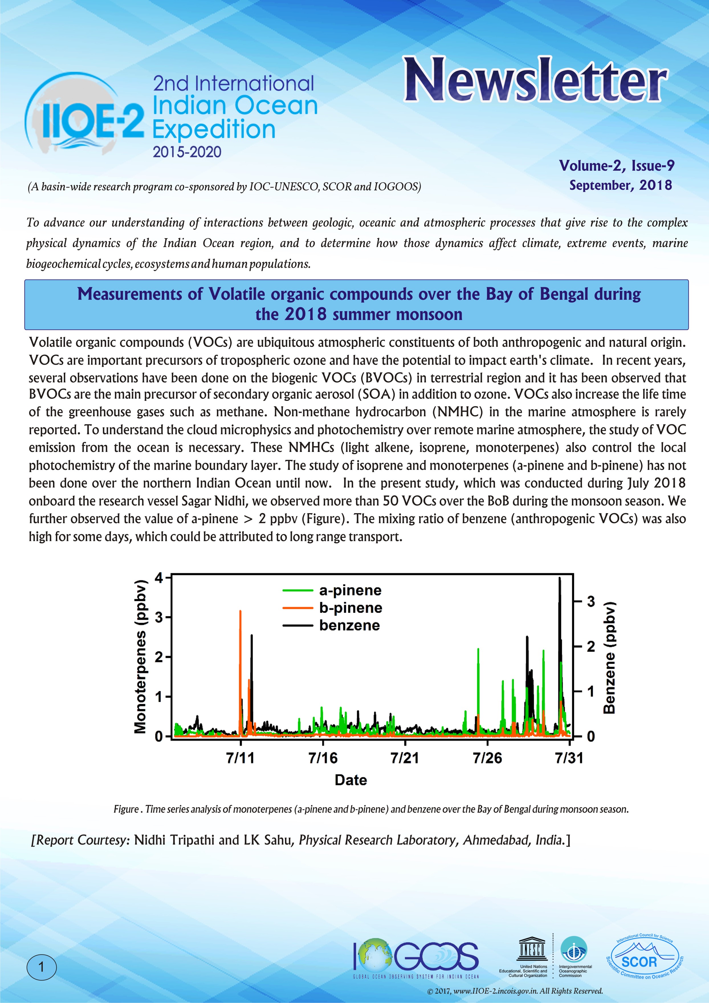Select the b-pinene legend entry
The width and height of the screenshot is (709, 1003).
coord(350,608)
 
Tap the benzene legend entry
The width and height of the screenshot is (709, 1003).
coord(349,625)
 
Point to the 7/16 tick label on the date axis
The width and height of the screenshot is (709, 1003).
coord(323,757)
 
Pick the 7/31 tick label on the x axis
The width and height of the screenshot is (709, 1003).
coord(569,757)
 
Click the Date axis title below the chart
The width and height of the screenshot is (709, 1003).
coord(351,780)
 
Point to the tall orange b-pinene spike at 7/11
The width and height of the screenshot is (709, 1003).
coord(240,620)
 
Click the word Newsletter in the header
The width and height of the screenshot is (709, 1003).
coord(535,80)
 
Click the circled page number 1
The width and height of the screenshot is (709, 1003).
coord(42,967)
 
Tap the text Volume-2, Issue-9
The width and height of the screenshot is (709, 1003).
coord(617,166)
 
